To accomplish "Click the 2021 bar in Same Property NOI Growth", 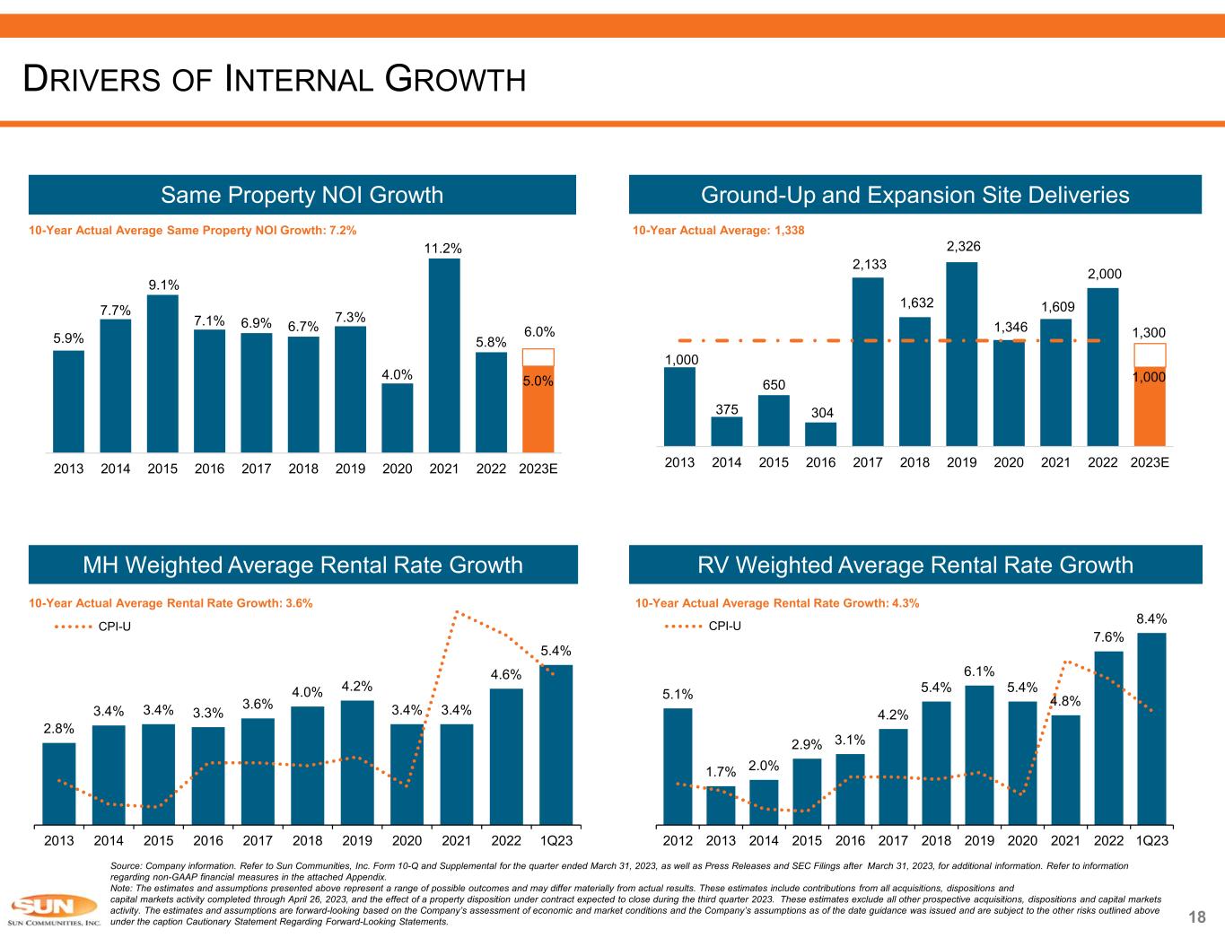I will coord(444,355).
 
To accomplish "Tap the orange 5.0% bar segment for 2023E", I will coord(538,408).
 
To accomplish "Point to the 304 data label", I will coord(820,413).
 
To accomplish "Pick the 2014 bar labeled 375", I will coord(726,432).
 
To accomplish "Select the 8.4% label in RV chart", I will coord(1151,618).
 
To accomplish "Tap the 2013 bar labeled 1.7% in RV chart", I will coord(721,805).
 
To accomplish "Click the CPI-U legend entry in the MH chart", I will coord(113,627).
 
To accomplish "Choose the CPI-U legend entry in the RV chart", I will coord(724,627).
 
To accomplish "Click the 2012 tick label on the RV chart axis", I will coord(678,841).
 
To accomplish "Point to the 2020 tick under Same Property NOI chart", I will coord(398,469).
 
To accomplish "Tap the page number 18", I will coord(1196,916).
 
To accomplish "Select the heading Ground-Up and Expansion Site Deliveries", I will coord(915,195).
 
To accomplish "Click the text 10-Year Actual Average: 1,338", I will coord(719,231).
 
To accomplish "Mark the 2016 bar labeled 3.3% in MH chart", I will coord(208,775).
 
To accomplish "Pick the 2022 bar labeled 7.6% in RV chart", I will coord(1108,737).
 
